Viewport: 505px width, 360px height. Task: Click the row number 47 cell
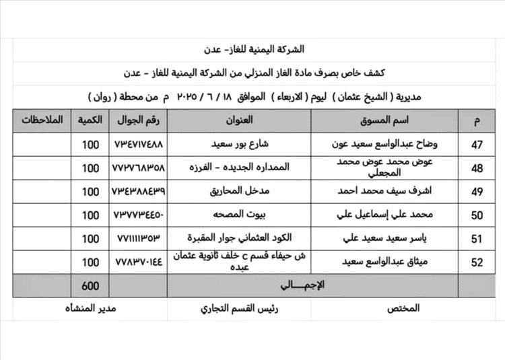click(477, 145)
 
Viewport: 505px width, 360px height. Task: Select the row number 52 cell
click(477, 262)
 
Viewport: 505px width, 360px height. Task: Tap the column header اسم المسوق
click(396, 121)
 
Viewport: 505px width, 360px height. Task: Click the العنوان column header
click(240, 121)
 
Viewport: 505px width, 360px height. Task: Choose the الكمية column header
click(90, 121)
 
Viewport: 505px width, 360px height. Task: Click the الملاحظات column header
click(42, 121)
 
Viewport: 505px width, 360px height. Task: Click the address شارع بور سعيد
click(240, 145)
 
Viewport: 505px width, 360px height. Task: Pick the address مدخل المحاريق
click(240, 192)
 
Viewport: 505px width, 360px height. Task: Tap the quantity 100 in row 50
click(90, 215)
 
